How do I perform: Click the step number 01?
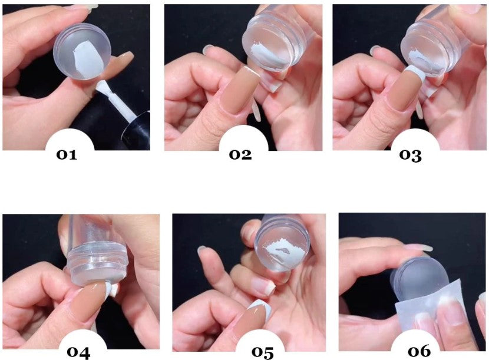(x=67, y=154)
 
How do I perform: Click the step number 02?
(x=240, y=154)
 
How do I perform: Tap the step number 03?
(x=411, y=156)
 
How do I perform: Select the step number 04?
(x=78, y=352)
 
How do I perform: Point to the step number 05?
(x=263, y=352)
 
